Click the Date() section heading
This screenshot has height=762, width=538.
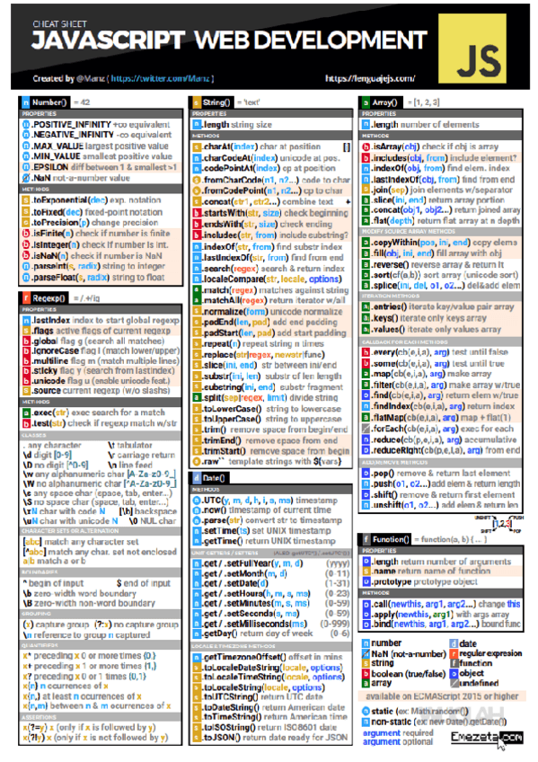214,477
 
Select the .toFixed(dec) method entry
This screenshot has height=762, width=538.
58,210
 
